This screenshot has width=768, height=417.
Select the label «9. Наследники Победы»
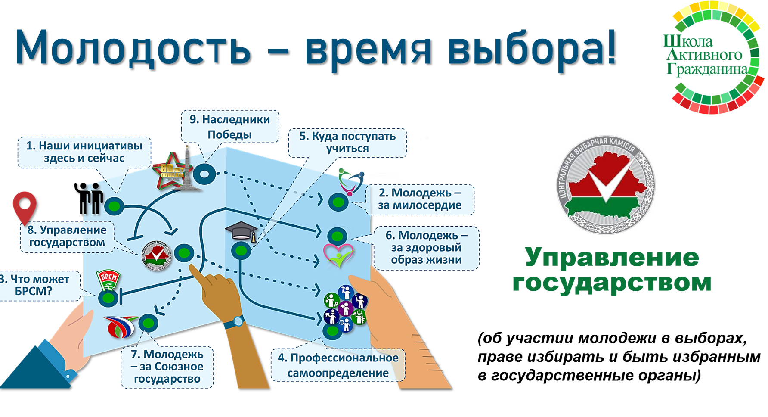(x=230, y=127)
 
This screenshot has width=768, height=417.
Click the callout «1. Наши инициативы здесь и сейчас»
(x=84, y=152)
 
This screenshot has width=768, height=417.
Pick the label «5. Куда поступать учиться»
(x=347, y=142)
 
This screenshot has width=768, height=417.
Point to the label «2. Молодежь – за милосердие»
(x=420, y=199)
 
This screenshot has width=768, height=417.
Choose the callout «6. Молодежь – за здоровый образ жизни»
(x=426, y=248)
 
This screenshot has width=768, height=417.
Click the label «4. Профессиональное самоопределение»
(x=338, y=365)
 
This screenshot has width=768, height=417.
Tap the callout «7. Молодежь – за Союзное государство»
(x=167, y=367)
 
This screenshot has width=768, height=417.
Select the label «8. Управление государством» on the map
(x=67, y=236)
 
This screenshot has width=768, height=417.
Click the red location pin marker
(x=25, y=206)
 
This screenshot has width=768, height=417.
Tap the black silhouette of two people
(x=89, y=198)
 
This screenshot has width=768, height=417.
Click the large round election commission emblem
(x=606, y=185)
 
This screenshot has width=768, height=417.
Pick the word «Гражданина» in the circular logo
(x=707, y=69)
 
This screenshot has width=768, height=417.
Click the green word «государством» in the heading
(x=612, y=283)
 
